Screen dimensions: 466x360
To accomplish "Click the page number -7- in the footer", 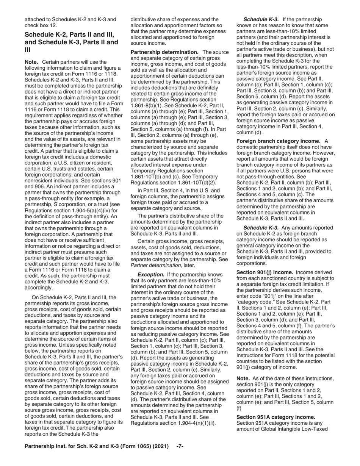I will pos(180,457).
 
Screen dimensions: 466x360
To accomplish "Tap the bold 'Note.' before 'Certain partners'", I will pos(32,62).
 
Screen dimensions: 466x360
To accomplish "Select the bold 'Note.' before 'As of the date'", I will pos(244,379).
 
